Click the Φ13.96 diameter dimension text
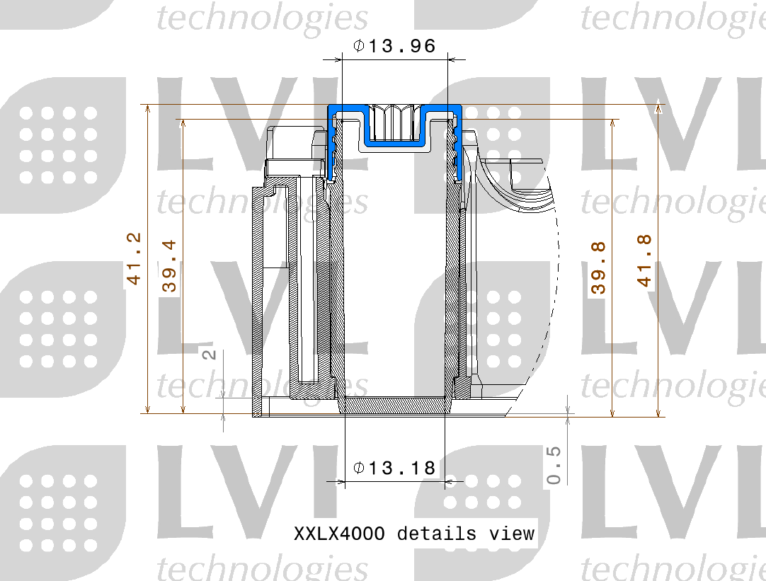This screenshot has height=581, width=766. [x=394, y=47]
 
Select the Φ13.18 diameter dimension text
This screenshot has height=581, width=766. [x=394, y=468]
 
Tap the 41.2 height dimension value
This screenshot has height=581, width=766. [x=134, y=259]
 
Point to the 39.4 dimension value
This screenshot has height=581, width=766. [x=169, y=266]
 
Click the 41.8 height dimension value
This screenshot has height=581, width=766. [x=644, y=260]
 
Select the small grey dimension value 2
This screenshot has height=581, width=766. [x=210, y=353]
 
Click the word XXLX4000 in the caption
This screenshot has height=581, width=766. [x=339, y=533]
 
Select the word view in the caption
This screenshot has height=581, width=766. [x=512, y=533]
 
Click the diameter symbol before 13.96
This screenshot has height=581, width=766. [x=359, y=47]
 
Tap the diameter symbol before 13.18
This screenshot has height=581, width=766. [x=359, y=468]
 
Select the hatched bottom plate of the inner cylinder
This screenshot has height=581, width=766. [x=394, y=405]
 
